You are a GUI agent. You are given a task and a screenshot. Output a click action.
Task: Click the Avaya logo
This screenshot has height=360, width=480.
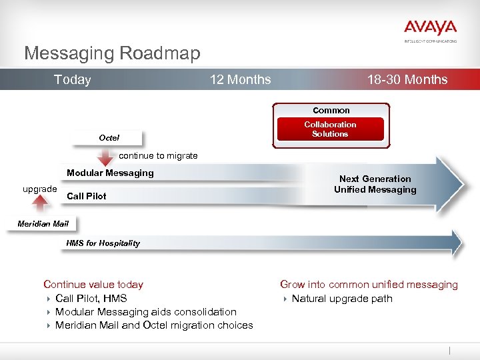pyautogui.click(x=430, y=29)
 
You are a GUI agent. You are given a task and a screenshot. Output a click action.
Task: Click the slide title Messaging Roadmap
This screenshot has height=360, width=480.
pyautogui.click(x=112, y=53)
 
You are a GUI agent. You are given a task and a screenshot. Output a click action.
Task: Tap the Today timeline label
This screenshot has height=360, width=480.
pyautogui.click(x=72, y=80)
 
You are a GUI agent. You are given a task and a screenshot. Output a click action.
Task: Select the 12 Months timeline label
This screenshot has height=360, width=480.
pyautogui.click(x=240, y=80)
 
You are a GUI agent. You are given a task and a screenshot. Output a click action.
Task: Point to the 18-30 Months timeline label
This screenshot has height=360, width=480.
pyautogui.click(x=407, y=80)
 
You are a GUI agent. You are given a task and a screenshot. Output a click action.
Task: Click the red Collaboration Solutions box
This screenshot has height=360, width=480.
pyautogui.click(x=330, y=129)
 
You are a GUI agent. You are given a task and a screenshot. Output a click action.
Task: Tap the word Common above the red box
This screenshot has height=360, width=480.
pyautogui.click(x=331, y=110)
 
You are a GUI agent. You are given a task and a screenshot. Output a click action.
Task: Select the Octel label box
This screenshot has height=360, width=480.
pyautogui.click(x=109, y=138)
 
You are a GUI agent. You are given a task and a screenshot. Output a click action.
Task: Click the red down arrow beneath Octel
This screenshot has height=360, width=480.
pyautogui.click(x=105, y=157)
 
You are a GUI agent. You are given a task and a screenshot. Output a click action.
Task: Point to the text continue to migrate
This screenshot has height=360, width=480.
pyautogui.click(x=158, y=156)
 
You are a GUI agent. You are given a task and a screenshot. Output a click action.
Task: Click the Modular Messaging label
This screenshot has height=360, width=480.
pyautogui.click(x=110, y=173)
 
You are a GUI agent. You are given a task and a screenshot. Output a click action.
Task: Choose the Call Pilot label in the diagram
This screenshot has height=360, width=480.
pyautogui.click(x=87, y=197)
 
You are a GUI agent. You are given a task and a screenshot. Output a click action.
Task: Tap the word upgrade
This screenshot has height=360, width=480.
pyautogui.click(x=39, y=189)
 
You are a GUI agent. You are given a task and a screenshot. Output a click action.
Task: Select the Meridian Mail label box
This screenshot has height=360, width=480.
pyautogui.click(x=43, y=223)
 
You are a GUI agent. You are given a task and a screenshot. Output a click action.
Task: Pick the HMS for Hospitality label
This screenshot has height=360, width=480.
pyautogui.click(x=103, y=243)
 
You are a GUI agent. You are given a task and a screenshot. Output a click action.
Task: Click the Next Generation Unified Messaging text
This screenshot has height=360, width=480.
pyautogui.click(x=375, y=184)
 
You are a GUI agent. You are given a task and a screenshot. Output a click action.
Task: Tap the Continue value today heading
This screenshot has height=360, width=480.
pyautogui.click(x=93, y=285)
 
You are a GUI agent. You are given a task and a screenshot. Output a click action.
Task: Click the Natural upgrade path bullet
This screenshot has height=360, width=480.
pyautogui.click(x=341, y=299)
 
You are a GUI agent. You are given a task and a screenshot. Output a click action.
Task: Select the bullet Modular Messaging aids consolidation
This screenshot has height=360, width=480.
pyautogui.click(x=145, y=312)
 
